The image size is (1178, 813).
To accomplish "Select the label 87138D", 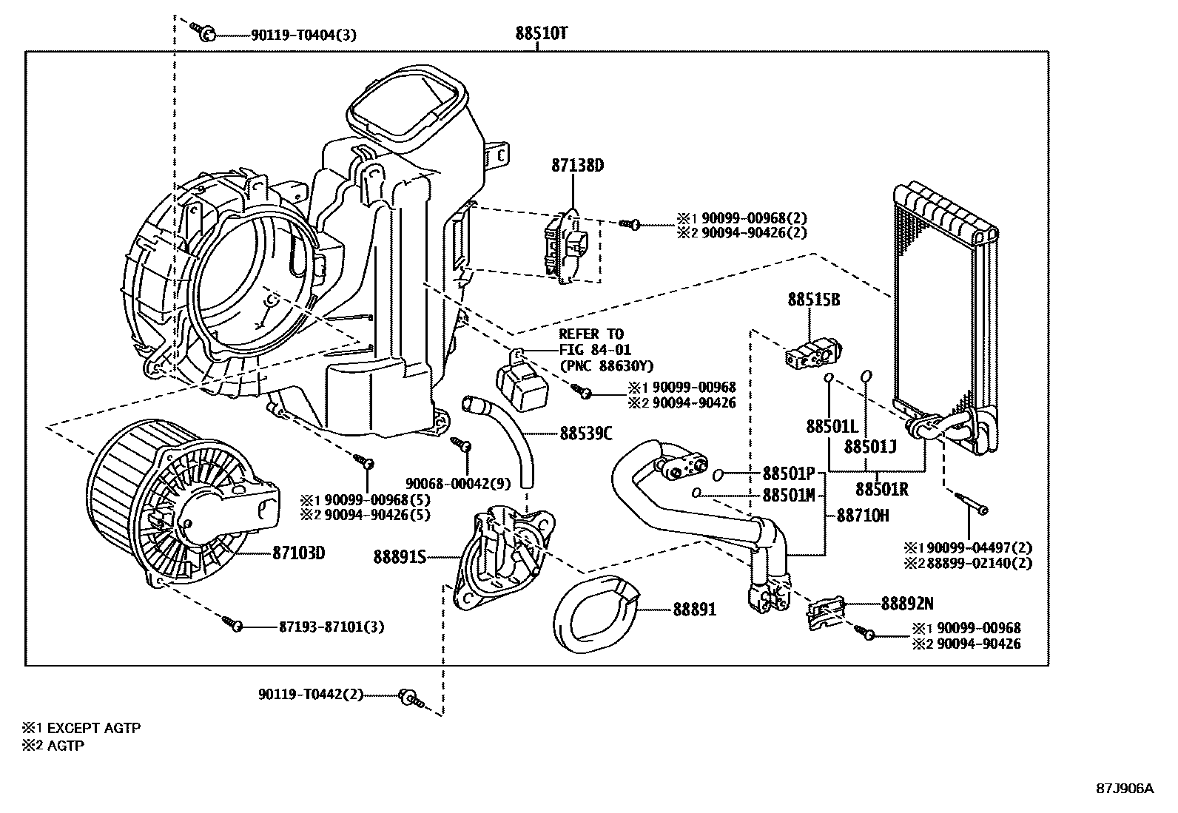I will point(577,166).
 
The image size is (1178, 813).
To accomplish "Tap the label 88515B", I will point(813,300).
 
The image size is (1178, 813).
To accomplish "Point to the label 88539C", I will point(586,434).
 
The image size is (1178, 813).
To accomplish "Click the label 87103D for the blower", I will point(299,553).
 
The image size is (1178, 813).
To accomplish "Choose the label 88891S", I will point(400,556).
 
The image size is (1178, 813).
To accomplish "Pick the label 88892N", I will point(907,603).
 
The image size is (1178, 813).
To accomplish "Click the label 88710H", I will point(863,516).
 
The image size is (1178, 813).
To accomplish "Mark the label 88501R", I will point(882,489).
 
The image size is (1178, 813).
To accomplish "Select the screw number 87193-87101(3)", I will point(331,627).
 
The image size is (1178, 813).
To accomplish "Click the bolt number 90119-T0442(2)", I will point(311,695).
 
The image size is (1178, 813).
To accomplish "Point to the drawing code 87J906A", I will point(1125,788).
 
